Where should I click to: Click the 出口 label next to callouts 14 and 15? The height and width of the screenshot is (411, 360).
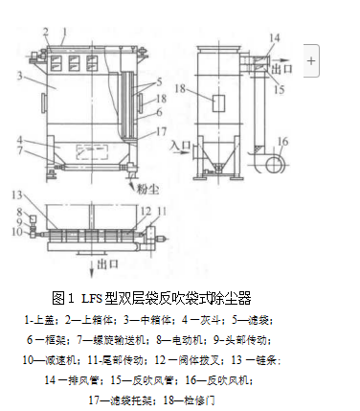[x=283, y=69]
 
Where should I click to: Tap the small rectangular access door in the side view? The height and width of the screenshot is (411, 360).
[x=216, y=103]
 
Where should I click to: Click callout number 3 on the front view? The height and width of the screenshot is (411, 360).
[x=18, y=74]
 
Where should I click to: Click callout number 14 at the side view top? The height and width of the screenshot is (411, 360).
[x=274, y=37]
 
